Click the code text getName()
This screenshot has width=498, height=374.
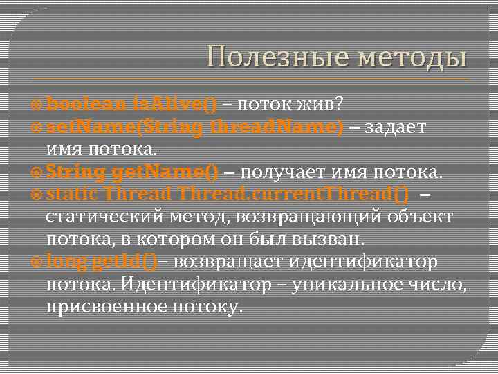click(165, 171)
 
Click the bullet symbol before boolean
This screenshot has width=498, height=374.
click(38, 105)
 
